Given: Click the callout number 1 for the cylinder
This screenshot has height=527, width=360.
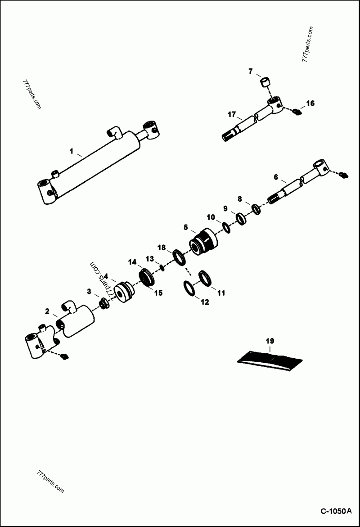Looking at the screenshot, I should [71, 152].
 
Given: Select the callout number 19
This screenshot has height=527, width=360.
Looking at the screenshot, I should [270, 341].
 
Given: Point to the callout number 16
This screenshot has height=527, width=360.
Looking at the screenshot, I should [310, 103].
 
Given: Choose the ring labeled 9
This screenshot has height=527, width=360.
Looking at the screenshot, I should [241, 219].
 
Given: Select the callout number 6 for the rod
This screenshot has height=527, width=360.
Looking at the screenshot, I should [276, 177].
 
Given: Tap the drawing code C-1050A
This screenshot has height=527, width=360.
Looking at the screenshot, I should [335, 511].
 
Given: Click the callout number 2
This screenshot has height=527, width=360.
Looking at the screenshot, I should [47, 311].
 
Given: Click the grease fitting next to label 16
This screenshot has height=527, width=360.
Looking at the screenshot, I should [296, 112].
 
